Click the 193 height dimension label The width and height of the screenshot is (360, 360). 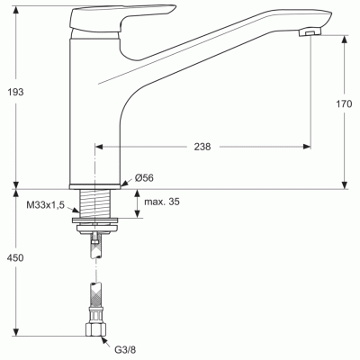click(15, 92)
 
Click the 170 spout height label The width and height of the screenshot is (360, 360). click(344, 104)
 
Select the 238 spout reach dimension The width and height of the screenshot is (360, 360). click(202, 147)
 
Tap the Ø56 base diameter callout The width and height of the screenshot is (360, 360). click(144, 178)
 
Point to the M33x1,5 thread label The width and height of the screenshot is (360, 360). click(46, 205)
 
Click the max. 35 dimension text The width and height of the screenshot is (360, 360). click(162, 202)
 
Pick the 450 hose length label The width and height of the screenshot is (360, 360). click(15, 257)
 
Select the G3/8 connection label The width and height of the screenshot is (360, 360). click(125, 349)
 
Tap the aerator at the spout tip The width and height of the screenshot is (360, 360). click(310, 31)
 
